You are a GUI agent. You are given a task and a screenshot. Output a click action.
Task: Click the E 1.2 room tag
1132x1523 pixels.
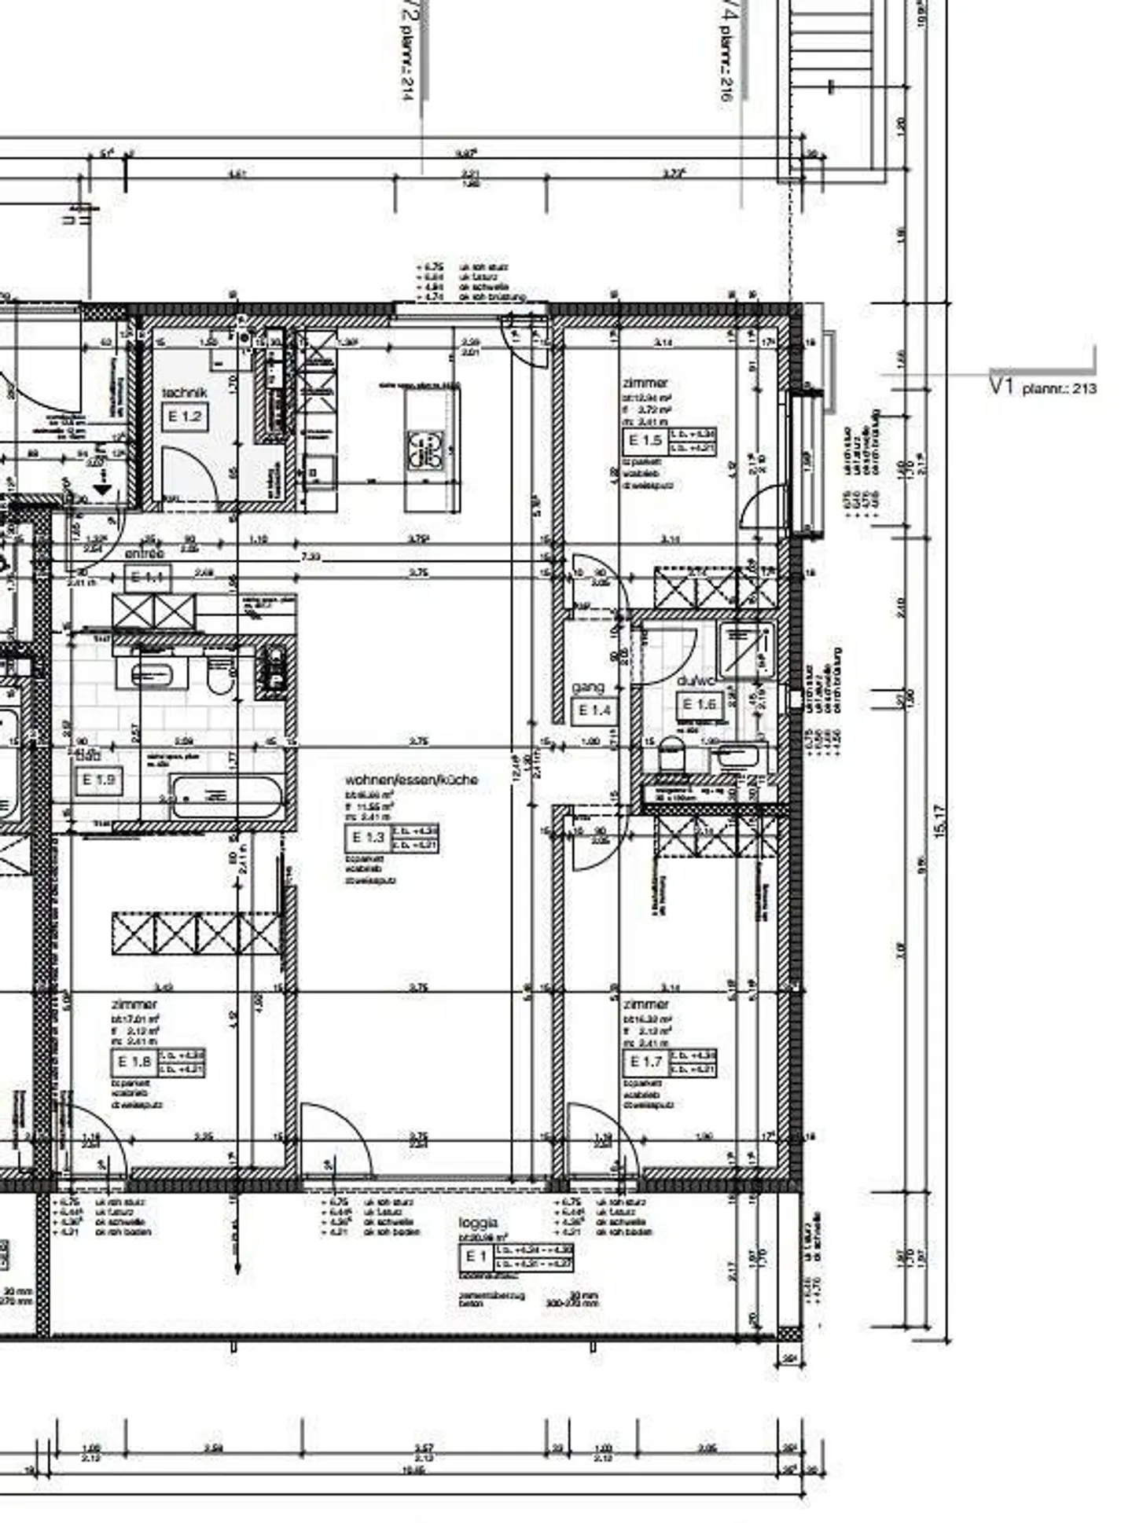[185, 416]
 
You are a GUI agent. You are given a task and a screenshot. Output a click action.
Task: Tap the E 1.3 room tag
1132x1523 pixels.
[368, 838]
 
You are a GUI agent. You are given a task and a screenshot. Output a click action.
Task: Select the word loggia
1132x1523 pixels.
[478, 1223]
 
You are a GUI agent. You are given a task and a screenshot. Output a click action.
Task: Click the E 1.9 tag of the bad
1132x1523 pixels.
[98, 780]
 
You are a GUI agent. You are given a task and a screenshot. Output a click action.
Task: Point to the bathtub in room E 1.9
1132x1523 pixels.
[226, 798]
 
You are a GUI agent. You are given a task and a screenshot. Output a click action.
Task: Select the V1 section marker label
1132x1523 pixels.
[1002, 386]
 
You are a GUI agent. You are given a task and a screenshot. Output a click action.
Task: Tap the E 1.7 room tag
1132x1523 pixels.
[646, 1062]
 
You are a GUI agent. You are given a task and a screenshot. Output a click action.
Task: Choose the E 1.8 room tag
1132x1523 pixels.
[134, 1062]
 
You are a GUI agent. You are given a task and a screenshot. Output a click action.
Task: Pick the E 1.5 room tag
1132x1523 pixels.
[645, 441]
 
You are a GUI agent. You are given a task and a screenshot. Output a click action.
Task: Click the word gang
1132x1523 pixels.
[588, 688]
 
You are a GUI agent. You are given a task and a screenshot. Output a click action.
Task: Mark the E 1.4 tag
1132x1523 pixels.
[594, 711]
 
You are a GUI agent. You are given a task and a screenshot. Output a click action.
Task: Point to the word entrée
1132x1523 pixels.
[145, 553]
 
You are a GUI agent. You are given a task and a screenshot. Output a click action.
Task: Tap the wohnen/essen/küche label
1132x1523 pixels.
[411, 780]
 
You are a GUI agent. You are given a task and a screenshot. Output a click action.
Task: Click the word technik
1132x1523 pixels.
[185, 392]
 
